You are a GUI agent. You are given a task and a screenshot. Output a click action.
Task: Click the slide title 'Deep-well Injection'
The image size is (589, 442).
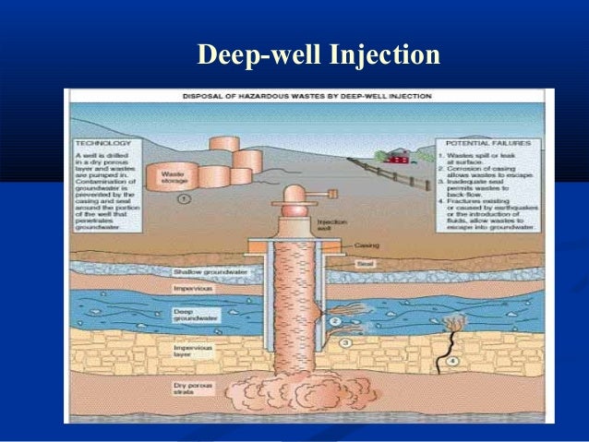319,54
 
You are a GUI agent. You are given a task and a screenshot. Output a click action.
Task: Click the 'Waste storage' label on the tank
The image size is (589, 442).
174,177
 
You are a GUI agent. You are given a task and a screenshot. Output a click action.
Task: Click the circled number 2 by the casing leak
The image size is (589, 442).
335,321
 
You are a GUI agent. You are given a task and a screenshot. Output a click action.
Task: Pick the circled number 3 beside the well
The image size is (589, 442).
344,342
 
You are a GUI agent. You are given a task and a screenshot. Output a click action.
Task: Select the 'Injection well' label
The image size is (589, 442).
330,226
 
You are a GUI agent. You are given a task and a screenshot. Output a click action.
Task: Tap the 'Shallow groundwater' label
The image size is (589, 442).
209,272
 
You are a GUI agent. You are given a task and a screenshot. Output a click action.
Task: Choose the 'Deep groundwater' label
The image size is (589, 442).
188,316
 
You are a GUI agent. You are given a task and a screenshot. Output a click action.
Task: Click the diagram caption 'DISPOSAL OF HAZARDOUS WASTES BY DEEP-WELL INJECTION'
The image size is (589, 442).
308,96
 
